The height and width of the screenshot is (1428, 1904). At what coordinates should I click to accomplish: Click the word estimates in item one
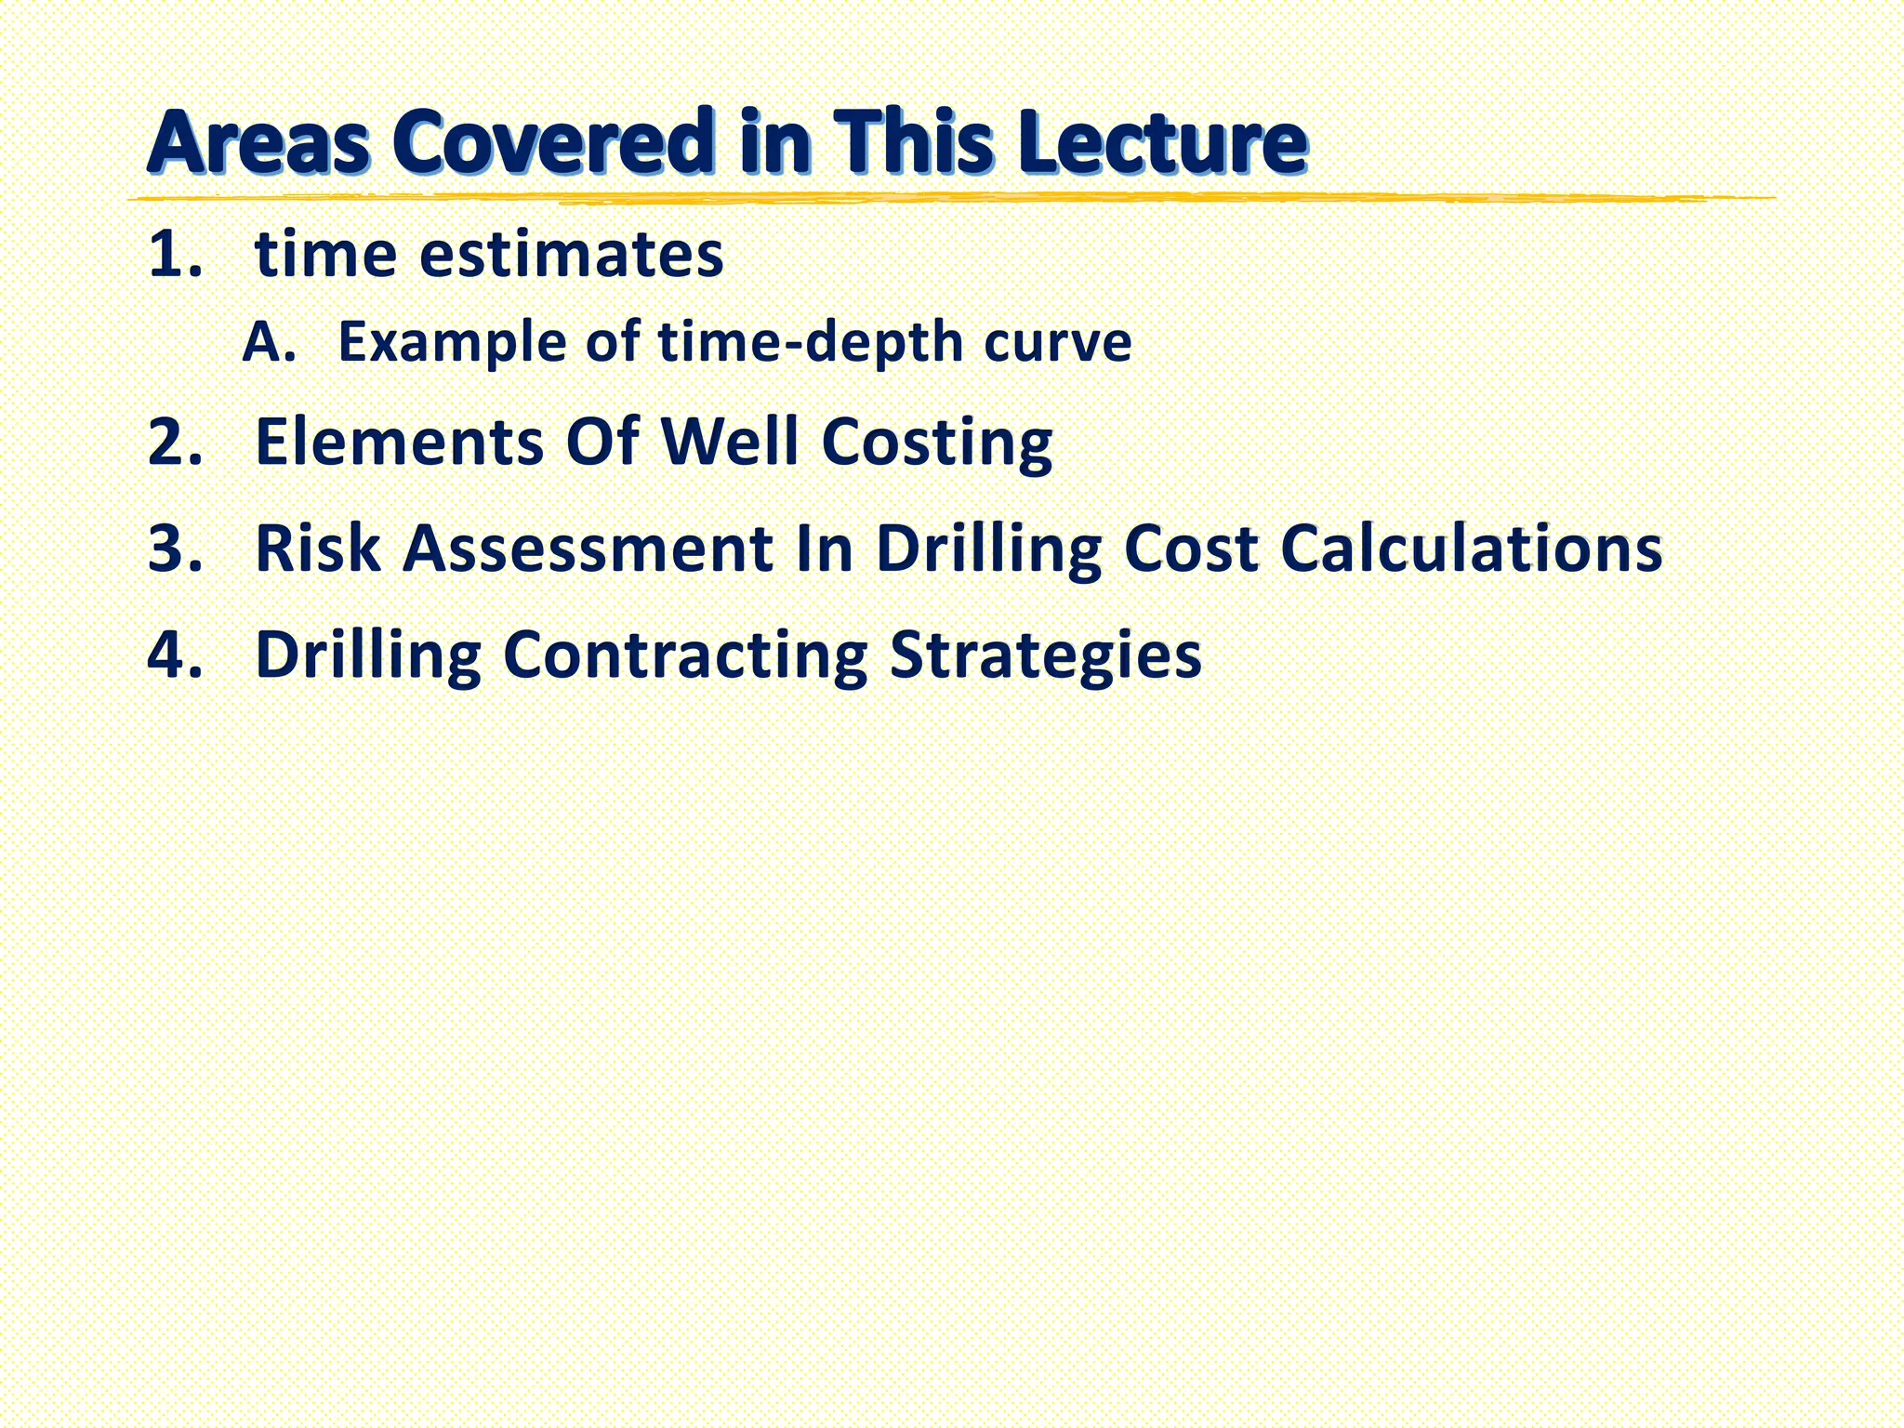point(571,255)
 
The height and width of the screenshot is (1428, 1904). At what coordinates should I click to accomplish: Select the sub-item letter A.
point(267,342)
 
